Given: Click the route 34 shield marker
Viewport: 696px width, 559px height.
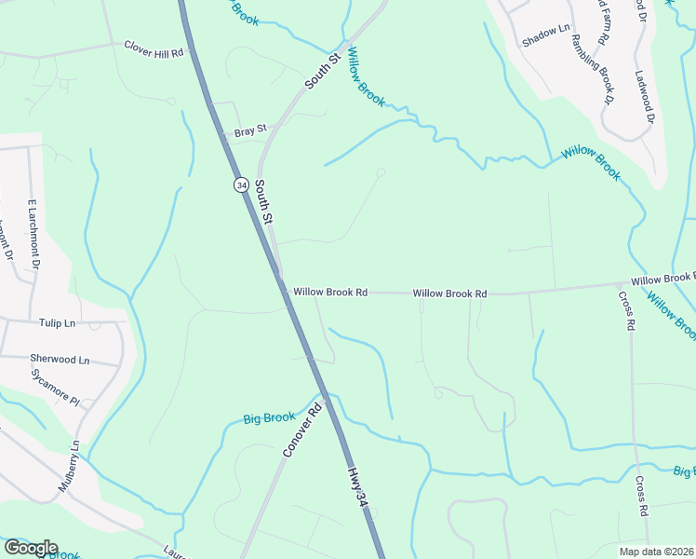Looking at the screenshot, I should [x=241, y=185].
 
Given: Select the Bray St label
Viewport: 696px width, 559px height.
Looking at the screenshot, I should [x=250, y=131].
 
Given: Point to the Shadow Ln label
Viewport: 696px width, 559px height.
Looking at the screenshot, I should [x=545, y=36].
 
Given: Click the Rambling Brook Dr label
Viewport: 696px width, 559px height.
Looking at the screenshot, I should [x=590, y=69].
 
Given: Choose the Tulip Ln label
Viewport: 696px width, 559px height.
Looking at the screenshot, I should [x=57, y=323].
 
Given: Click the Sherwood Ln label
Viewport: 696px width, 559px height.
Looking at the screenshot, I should [x=60, y=359].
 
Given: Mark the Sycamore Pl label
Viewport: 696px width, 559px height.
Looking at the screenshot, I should [x=55, y=393].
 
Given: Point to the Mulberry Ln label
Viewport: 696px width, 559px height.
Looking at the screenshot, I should [x=71, y=466].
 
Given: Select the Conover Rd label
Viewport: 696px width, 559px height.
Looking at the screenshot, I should [x=302, y=429].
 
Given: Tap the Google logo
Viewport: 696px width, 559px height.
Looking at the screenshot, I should [x=30, y=548].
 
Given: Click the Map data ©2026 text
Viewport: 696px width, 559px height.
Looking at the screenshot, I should [x=655, y=552].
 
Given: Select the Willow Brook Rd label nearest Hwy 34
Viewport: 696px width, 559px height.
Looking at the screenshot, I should [x=330, y=293].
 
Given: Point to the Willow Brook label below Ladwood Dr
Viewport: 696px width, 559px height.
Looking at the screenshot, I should [x=590, y=162].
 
